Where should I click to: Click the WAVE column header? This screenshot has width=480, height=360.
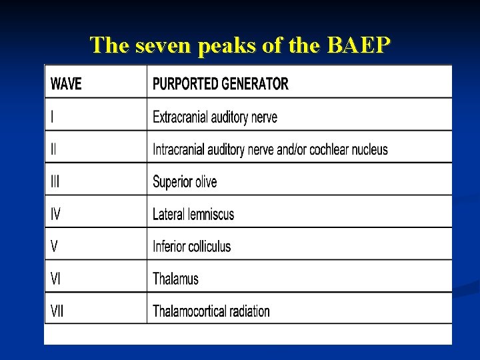pyautogui.click(x=66, y=84)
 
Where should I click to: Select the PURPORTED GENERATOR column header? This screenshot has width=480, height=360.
pyautogui.click(x=221, y=84)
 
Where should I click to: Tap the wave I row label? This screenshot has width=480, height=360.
pyautogui.click(x=53, y=117)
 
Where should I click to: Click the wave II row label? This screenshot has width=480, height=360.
pyautogui.click(x=54, y=149)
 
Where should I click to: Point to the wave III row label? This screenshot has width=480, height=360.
pyautogui.click(x=55, y=181)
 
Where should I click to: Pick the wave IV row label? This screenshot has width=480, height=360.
pyautogui.click(x=56, y=214)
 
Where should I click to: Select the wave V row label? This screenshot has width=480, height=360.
pyautogui.click(x=54, y=246)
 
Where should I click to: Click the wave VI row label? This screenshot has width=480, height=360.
pyautogui.click(x=56, y=279)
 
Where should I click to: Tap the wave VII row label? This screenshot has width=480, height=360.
pyautogui.click(x=57, y=311)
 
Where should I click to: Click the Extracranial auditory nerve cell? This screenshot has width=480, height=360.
pyautogui.click(x=215, y=117)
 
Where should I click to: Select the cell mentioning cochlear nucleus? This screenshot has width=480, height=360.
pyautogui.click(x=270, y=149)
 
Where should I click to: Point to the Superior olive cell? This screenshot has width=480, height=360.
pyautogui.click(x=185, y=182)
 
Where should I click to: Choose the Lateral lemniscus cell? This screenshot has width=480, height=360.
pyautogui.click(x=193, y=214)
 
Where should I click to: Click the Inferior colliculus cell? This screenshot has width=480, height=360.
pyautogui.click(x=191, y=246)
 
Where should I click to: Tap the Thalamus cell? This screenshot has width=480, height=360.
pyautogui.click(x=175, y=279)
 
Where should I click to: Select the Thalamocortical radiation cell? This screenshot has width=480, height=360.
pyautogui.click(x=211, y=311)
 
